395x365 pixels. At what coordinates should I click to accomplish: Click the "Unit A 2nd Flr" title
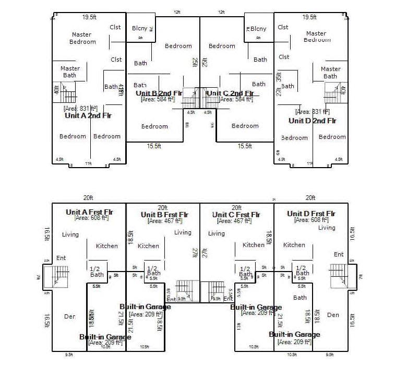pyautogui.click(x=88, y=115)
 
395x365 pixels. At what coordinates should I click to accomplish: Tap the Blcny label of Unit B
pyautogui.click(x=139, y=28)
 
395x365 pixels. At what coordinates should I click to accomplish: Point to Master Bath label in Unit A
pyautogui.click(x=70, y=72)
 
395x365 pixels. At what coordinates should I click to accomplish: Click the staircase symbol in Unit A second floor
pyautogui.click(x=64, y=95)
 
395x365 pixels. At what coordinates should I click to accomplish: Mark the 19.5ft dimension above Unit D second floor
pyautogui.click(x=310, y=17)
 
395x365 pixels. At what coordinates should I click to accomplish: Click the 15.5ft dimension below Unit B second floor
pyautogui.click(x=154, y=147)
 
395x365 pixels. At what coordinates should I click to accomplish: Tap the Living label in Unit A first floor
pyautogui.click(x=70, y=234)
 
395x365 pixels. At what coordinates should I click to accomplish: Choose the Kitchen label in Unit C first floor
pyautogui.click(x=254, y=245)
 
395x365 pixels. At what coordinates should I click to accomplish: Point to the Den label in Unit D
pyautogui.click(x=332, y=315)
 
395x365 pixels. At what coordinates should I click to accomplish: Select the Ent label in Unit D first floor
pyautogui.click(x=339, y=254)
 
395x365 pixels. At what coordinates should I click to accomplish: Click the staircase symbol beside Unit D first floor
pyautogui.click(x=340, y=275)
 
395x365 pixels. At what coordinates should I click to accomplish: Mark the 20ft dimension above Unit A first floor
pyautogui.click(x=88, y=198)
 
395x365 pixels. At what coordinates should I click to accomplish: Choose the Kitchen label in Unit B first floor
pyautogui.click(x=148, y=246)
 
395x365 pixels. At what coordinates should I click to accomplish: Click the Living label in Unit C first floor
pyautogui.click(x=216, y=233)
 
